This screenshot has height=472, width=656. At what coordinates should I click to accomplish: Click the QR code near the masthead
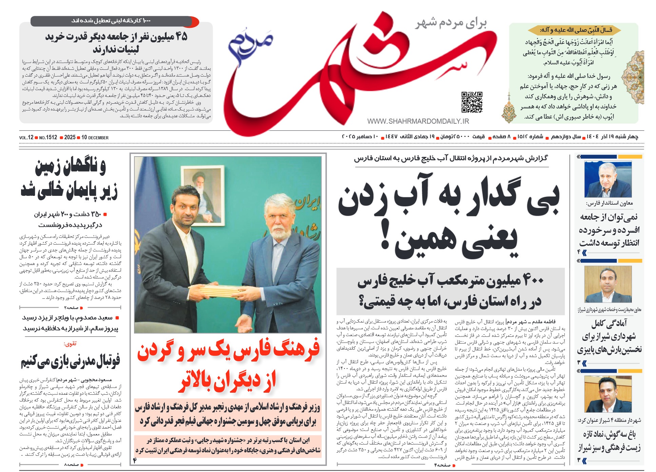tap(471, 102)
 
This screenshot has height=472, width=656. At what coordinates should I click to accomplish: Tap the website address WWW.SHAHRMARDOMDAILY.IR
tap(418, 121)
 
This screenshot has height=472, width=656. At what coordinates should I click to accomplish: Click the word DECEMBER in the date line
tap(98, 138)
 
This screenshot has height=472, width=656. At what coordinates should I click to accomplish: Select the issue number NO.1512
tap(48, 138)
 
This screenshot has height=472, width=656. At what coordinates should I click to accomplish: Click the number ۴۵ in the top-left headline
tap(180, 37)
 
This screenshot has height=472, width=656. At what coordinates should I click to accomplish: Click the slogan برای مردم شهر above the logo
tap(451, 23)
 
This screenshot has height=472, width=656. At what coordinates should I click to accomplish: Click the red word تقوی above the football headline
tap(70, 344)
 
